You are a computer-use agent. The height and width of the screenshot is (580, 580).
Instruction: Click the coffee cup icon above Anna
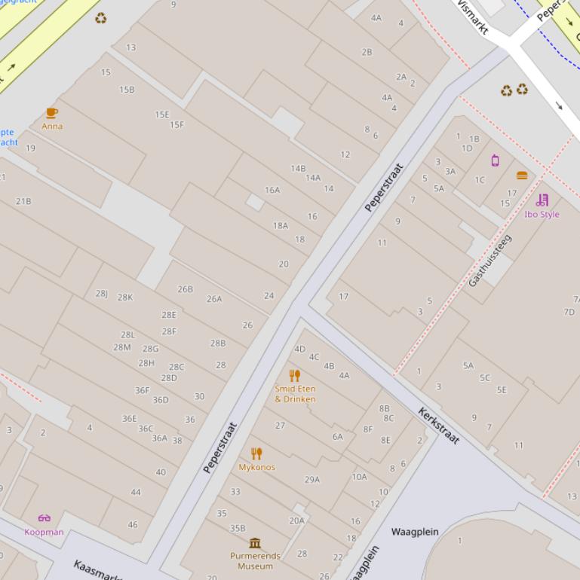[x=51, y=113]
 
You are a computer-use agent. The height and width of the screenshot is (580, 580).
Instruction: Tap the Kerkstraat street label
[x=438, y=426]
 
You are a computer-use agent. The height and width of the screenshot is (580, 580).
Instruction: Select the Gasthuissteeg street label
[x=489, y=260]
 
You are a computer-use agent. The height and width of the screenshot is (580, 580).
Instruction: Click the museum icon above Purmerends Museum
[x=255, y=543]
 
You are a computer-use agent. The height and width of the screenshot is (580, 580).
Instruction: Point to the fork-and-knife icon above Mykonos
[x=256, y=453]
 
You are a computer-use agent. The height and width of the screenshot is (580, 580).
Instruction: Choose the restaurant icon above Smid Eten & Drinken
[x=295, y=375]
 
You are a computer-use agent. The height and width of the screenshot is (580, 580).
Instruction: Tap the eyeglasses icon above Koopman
[x=44, y=518]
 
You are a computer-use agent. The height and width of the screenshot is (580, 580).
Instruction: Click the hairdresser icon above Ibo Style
[x=542, y=200]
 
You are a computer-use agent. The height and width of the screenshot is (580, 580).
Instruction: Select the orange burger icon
[x=522, y=176]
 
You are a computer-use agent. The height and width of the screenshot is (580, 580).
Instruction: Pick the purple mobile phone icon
[x=495, y=160]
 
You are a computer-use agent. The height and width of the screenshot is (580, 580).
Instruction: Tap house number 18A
[x=281, y=225]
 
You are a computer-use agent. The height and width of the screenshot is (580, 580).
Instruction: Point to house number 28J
[x=102, y=294]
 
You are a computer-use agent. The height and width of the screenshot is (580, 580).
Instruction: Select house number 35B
[x=238, y=529]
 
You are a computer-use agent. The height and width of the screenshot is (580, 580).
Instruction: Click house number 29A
[x=312, y=479]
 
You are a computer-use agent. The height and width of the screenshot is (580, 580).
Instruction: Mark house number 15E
[x=162, y=114]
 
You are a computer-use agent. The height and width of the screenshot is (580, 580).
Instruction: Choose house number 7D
[x=569, y=312]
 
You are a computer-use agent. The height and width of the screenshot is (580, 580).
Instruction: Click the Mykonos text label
[x=256, y=467]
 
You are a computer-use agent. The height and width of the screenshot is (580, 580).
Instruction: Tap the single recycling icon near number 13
[x=100, y=18]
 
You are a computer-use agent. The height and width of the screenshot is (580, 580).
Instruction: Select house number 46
[x=133, y=524]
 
